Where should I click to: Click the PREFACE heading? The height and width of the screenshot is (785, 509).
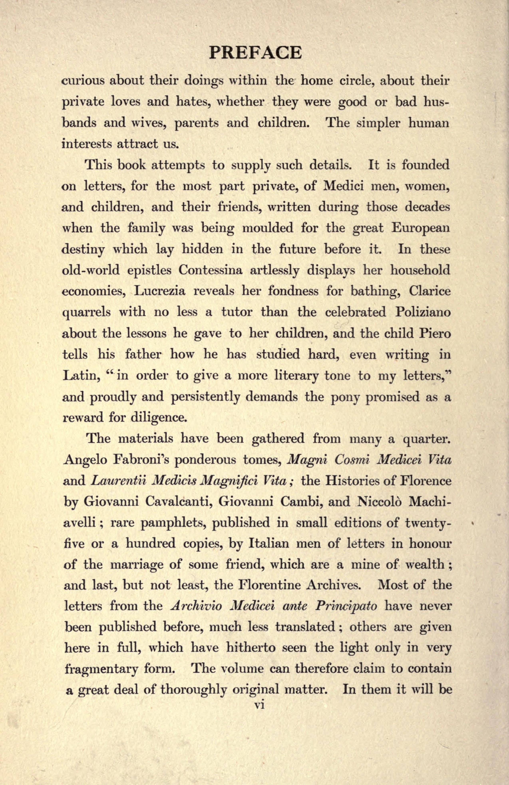[x=255, y=53]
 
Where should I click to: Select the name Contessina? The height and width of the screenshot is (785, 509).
[x=211, y=271]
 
